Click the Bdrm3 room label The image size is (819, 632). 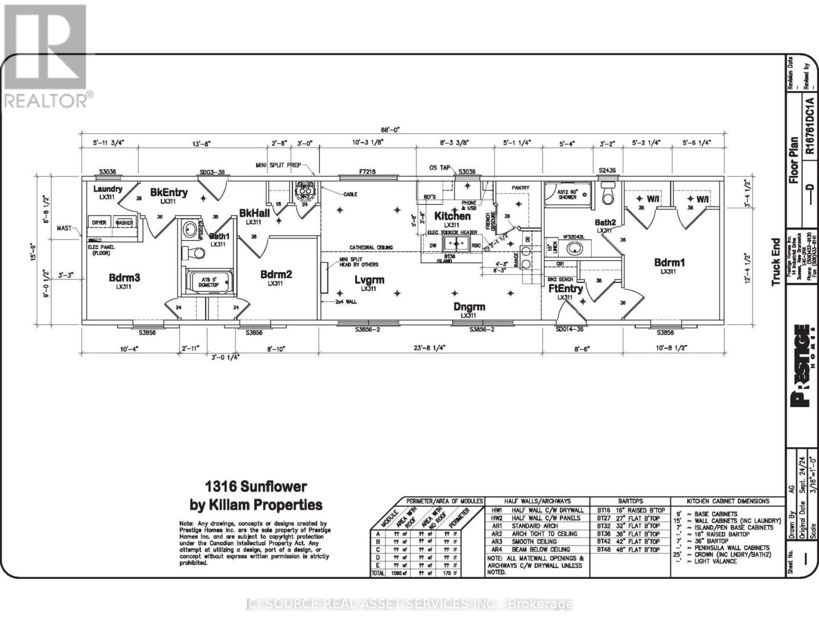pyautogui.click(x=124, y=278)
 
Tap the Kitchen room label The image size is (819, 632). pyautogui.click(x=452, y=216)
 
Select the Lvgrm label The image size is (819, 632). pyautogui.click(x=369, y=280)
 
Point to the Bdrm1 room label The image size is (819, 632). pyautogui.click(x=669, y=263)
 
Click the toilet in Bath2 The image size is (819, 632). pyautogui.click(x=609, y=194)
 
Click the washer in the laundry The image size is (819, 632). pyautogui.click(x=124, y=223)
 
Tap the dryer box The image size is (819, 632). pyautogui.click(x=99, y=223)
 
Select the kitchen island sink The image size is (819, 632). pyautogui.click(x=456, y=243)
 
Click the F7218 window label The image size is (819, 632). pyautogui.click(x=367, y=172)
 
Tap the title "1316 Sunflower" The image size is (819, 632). pyautogui.click(x=256, y=486)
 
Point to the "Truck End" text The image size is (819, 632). pyautogui.click(x=776, y=262)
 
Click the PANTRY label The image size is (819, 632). pyautogui.click(x=521, y=187)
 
